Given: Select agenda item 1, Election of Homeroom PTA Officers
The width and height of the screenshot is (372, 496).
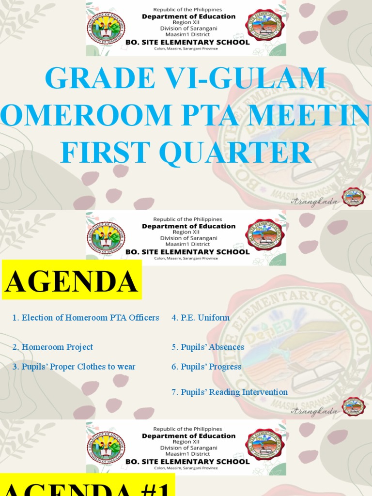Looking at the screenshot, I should (86, 318).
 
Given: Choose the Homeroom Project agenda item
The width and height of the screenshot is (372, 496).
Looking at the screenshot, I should (53, 347).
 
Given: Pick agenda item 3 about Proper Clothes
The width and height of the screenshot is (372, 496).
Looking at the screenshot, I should (74, 367).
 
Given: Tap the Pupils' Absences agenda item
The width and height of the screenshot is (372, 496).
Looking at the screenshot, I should (208, 347).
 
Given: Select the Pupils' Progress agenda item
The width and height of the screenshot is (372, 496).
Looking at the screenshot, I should (206, 367).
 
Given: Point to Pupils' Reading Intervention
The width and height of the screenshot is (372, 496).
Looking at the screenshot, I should (230, 392).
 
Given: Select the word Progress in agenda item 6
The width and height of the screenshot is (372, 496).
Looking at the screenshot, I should (225, 367).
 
